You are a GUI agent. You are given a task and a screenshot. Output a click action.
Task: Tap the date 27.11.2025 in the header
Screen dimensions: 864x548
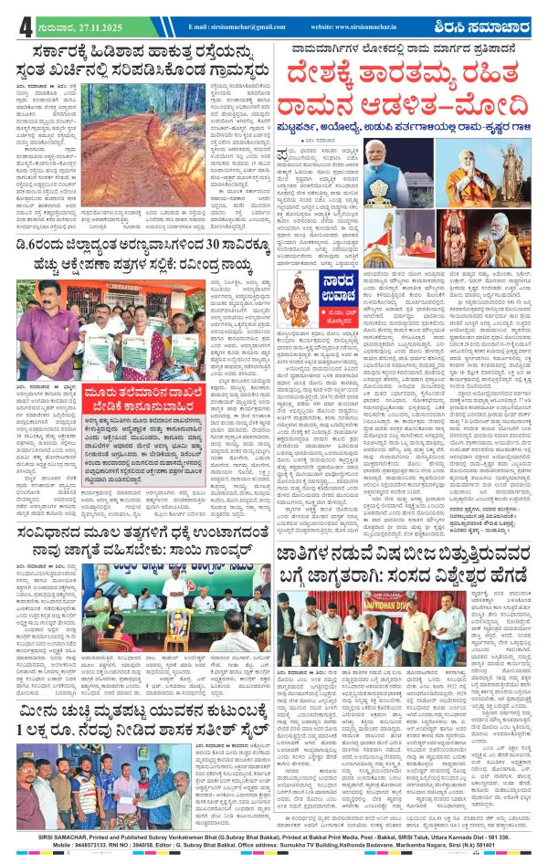tap(90, 27)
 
